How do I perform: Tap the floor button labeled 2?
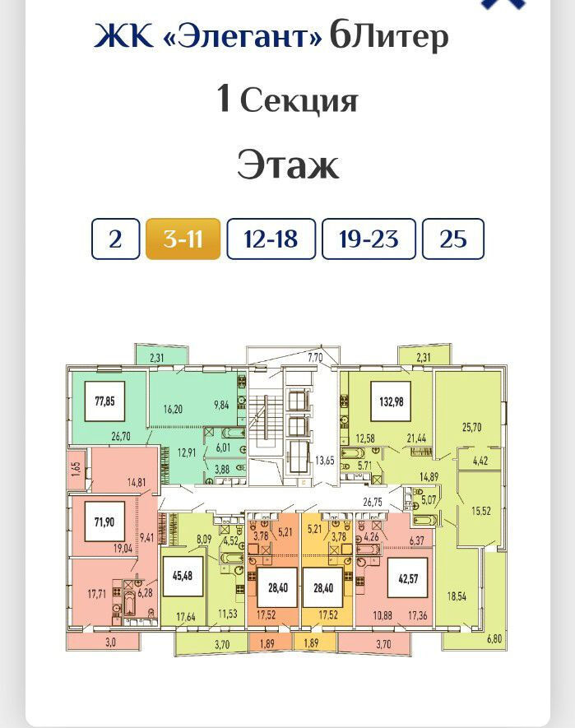coord(115,239)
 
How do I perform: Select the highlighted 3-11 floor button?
coord(183,239)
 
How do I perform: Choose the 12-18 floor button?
coord(271,239)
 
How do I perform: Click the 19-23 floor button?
coord(369,239)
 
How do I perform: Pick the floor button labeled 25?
coord(453,239)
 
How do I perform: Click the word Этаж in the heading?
coord(288,165)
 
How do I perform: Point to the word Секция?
coord(299,100)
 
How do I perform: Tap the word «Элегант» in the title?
coord(243,35)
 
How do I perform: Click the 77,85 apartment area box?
coord(105,401)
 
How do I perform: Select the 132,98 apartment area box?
coord(391,401)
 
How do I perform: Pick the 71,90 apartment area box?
coord(104,522)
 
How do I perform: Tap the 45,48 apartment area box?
coord(183,576)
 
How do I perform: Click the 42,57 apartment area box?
coord(408,578)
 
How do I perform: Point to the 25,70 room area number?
coord(471,427)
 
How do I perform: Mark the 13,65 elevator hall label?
coord(325,461)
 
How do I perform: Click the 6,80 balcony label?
coord(494,638)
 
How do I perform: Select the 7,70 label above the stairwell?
coord(315,357)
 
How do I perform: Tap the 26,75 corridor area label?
coord(373,502)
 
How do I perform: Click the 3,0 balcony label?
coord(110,642)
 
